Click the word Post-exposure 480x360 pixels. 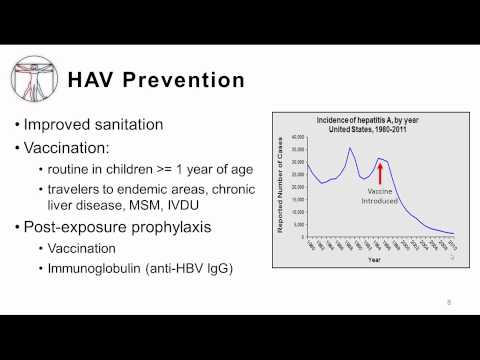(89, 230)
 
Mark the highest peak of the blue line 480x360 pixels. (350, 149)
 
